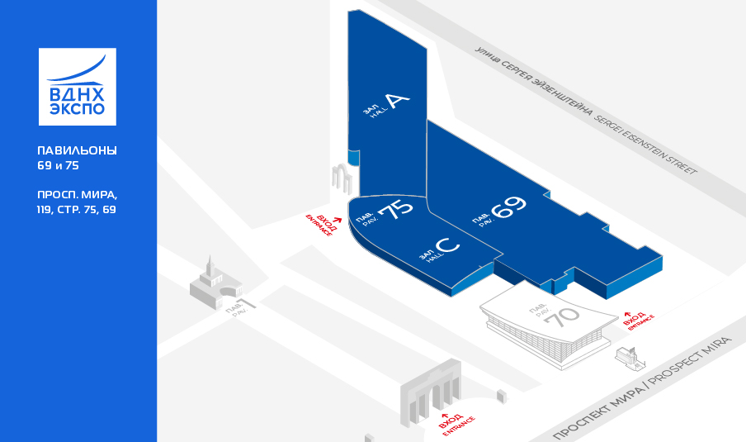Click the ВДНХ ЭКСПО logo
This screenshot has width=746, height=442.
(x=77, y=87)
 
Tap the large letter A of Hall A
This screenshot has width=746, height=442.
(x=397, y=101)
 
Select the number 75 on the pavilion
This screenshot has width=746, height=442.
(x=395, y=209)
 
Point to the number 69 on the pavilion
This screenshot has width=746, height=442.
(x=508, y=207)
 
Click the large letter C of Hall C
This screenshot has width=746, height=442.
(x=447, y=245)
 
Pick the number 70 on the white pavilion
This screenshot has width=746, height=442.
(x=562, y=316)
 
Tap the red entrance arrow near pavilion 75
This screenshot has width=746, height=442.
(x=338, y=220)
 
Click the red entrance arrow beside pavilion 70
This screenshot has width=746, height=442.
(x=627, y=315)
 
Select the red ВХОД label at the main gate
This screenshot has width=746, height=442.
(x=451, y=421)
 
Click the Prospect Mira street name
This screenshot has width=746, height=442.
(x=642, y=388)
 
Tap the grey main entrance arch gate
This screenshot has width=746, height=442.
(x=431, y=393)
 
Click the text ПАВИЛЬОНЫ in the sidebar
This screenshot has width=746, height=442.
(x=77, y=150)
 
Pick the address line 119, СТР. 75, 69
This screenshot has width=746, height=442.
(x=77, y=210)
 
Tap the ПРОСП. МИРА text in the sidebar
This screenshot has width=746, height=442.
(x=77, y=194)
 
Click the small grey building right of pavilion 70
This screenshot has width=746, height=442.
(x=630, y=358)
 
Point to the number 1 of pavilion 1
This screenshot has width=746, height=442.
(x=248, y=303)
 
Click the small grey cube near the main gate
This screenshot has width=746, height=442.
(x=502, y=397)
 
